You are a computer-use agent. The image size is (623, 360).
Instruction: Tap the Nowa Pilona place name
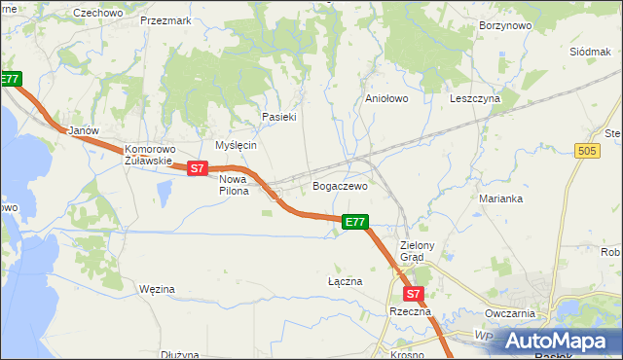click(x=234, y=185)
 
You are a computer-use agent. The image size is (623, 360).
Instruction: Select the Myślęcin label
click(x=236, y=145)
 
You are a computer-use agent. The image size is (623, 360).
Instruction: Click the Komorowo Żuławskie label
click(x=148, y=156)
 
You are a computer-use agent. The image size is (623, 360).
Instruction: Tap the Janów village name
click(x=79, y=130)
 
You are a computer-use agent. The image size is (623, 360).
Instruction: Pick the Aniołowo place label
click(x=385, y=98)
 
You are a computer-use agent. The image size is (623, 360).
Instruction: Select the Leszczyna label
click(x=475, y=98)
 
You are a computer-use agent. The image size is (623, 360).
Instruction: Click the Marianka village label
click(x=501, y=198)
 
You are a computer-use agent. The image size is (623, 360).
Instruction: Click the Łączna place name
click(x=345, y=281)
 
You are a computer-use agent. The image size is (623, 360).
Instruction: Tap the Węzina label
click(x=157, y=289)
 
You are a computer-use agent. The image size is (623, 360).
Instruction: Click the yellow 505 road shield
click(x=586, y=151)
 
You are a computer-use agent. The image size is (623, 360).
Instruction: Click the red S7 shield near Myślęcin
click(x=198, y=168)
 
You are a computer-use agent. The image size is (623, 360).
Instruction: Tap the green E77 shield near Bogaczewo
click(x=355, y=223)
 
